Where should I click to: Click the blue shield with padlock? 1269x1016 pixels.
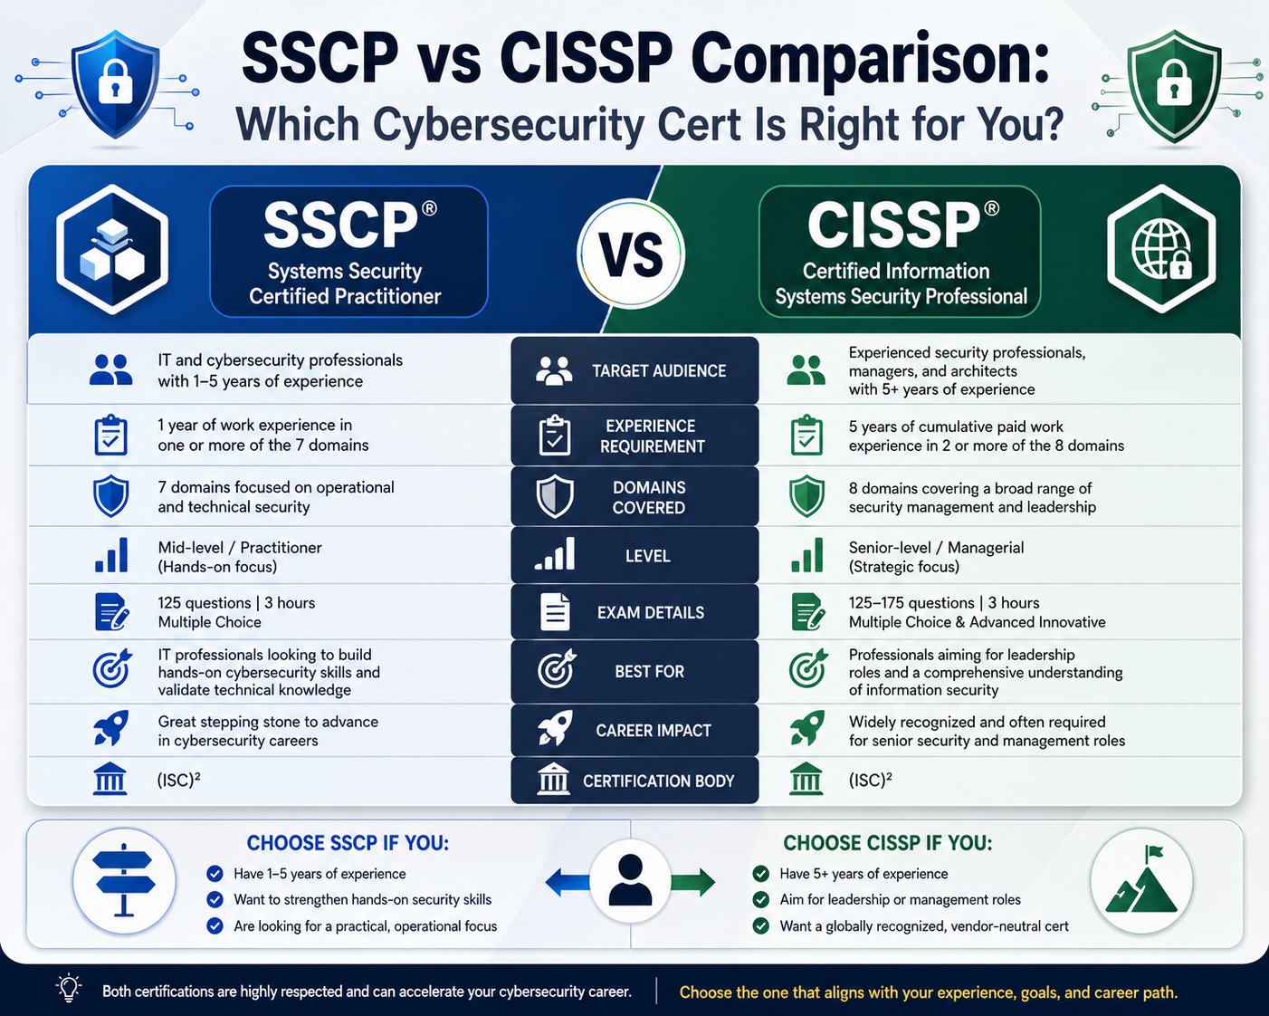[115, 83]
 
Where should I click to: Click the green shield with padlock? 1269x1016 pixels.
[1173, 86]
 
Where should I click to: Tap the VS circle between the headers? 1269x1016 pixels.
[631, 254]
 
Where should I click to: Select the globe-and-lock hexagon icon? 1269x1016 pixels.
[1161, 249]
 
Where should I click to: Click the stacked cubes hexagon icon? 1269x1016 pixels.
[112, 249]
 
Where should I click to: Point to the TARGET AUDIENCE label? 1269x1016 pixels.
[659, 371]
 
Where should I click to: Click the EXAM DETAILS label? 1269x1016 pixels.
[651, 612]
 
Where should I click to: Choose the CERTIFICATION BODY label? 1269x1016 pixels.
[659, 781]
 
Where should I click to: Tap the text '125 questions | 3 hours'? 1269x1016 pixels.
[236, 603]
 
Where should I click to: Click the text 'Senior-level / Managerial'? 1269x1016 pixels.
[936, 548]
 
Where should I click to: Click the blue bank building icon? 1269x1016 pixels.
[110, 779]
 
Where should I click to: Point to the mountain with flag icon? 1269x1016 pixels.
[1141, 881]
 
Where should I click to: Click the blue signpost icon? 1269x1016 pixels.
[124, 880]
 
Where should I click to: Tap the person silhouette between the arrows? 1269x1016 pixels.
[630, 880]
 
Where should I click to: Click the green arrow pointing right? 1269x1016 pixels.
[692, 883]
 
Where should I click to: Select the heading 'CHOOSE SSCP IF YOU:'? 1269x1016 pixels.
[348, 843]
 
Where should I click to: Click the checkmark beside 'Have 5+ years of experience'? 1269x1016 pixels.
[760, 874]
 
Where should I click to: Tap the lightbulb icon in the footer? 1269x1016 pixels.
[69, 988]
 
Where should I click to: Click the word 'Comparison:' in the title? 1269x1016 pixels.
[871, 60]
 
